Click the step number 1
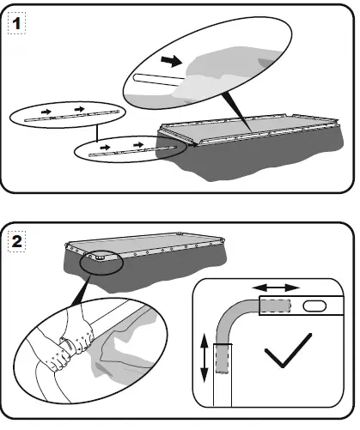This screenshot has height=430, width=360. click(16, 23)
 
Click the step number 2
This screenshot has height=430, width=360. click(16, 241)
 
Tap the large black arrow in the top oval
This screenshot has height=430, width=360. click(172, 61)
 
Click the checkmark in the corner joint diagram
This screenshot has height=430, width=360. click(288, 350)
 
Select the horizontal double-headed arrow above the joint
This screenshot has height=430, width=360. click(276, 288)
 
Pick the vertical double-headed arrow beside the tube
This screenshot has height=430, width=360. click(204, 358)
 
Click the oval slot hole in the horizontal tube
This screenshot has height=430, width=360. click(314, 306)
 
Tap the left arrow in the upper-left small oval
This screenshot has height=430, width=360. click(46, 112)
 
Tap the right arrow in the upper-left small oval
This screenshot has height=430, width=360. click(79, 109)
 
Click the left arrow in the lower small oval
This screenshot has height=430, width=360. click(105, 148)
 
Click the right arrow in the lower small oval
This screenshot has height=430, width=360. click(138, 145)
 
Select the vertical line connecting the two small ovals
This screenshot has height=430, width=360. click(97, 133)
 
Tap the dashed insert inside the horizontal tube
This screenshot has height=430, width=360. click(276, 306)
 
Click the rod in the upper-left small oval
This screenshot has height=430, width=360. click(71, 116)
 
